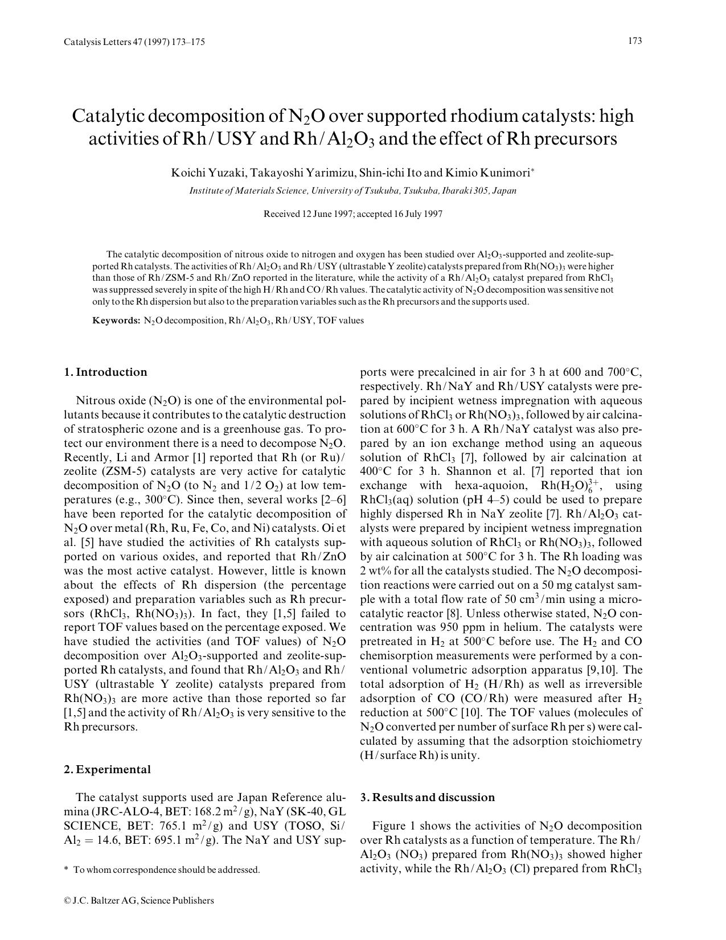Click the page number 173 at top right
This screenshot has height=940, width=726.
point(635,41)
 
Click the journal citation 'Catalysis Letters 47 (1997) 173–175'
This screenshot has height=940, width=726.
point(134,42)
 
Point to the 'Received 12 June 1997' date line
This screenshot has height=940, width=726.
point(352,214)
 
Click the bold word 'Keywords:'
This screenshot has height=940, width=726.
point(116,321)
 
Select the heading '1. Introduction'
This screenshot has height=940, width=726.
point(105,372)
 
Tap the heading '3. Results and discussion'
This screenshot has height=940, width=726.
point(428,798)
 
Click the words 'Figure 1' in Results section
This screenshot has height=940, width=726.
point(396,826)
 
